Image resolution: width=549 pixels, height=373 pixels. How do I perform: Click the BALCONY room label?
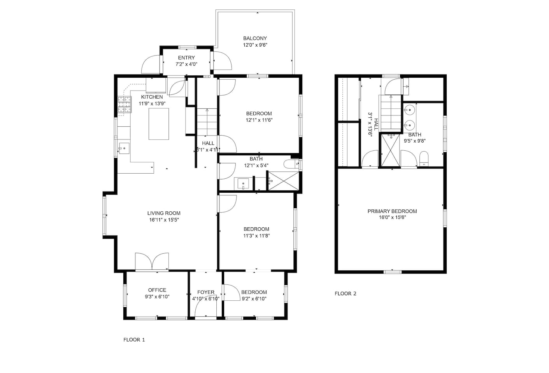pos(255,38)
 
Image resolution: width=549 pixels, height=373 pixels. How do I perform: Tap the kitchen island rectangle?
pos(159,124)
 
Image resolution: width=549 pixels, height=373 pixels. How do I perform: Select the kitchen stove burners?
pos(125,105)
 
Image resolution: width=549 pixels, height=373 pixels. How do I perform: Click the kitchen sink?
pos(124,148)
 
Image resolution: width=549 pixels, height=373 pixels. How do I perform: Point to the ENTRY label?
pos(186,58)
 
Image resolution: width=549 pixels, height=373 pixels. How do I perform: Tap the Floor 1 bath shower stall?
pos(284,181)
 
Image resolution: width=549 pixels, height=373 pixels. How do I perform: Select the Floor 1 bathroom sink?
pos(243,183)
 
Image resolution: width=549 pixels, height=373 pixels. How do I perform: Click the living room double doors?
pos(152,261)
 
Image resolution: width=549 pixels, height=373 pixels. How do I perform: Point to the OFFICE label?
pos(157,290)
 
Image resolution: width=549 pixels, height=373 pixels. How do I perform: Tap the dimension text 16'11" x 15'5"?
pos(164,220)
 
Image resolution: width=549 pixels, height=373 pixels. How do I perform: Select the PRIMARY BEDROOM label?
pos(392,211)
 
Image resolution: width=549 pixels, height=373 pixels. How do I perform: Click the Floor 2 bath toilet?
pos(424,159)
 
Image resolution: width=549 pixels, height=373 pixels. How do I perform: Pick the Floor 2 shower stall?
pos(390,150)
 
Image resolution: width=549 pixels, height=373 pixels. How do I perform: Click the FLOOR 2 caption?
pos(346,294)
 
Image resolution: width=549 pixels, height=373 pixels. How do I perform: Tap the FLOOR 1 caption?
pos(134,340)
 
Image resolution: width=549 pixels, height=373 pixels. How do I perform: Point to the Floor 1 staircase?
pos(207,122)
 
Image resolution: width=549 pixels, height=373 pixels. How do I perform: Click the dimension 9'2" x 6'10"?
pos(254,299)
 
